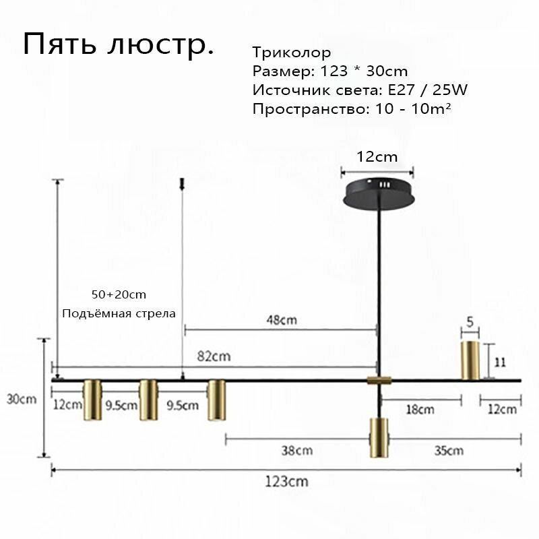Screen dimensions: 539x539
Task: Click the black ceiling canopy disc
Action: click(x=379, y=193)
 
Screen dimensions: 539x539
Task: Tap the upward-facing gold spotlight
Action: click(x=470, y=360)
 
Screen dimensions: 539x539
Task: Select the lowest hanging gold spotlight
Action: click(x=379, y=437)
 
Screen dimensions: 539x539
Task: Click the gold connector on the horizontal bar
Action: click(x=379, y=380)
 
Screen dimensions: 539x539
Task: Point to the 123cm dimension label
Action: click(x=286, y=481)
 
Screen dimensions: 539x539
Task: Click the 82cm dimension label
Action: click(x=214, y=356)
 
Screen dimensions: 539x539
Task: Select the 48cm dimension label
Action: click(x=282, y=320)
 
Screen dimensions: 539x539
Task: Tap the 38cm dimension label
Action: click(x=297, y=450)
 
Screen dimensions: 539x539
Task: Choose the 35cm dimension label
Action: click(x=449, y=450)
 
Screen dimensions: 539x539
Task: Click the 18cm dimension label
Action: click(x=420, y=410)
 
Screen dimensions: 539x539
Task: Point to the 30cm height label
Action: click(x=22, y=399)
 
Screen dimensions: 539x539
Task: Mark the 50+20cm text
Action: click(x=119, y=294)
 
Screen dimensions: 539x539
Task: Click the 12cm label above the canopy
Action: click(x=377, y=157)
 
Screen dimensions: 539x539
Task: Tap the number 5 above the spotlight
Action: click(x=470, y=322)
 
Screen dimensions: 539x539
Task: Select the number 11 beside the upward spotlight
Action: click(x=500, y=362)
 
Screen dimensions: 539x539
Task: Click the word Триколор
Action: click(x=292, y=53)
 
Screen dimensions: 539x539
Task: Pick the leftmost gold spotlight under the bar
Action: click(x=92, y=400)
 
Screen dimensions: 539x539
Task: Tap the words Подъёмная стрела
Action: click(x=119, y=313)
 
